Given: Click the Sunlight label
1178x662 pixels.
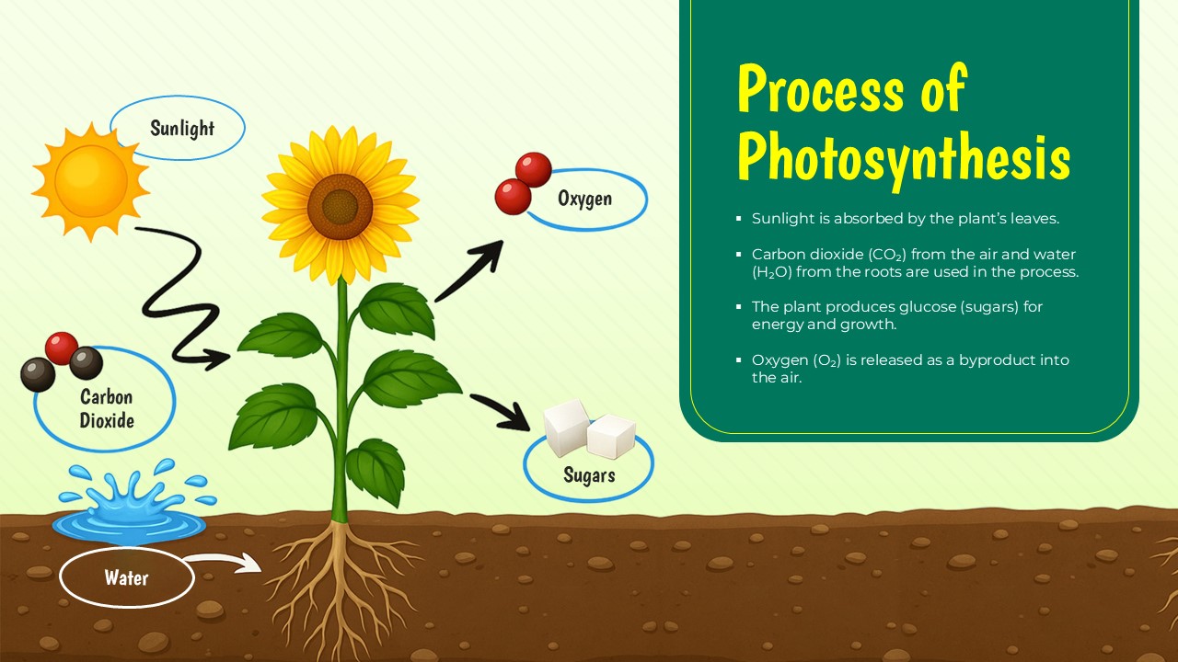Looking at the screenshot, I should pos(182,128).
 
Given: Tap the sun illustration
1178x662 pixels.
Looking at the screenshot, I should pos(90,181).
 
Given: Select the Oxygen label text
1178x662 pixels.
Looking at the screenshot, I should pos(584,199).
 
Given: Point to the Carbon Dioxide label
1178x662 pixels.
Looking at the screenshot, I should pos(107,409).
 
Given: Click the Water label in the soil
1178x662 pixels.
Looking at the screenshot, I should pos(126,578).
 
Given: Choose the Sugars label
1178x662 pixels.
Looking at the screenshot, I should pos(589,475).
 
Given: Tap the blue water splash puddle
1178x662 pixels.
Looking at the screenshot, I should pos(129,515).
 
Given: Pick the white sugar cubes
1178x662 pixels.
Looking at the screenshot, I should pos(589,428).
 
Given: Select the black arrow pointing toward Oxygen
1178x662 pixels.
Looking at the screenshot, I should pos(471,272).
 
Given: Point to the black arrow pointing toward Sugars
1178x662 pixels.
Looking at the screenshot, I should pos(502,411).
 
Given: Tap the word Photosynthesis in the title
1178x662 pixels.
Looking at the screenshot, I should pos(903,158).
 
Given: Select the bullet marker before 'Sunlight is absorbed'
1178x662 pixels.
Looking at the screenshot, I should pos(739,220).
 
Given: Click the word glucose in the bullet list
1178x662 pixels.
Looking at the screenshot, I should pos(925,307).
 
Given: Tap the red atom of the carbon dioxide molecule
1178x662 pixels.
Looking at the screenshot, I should pos(62,348).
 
